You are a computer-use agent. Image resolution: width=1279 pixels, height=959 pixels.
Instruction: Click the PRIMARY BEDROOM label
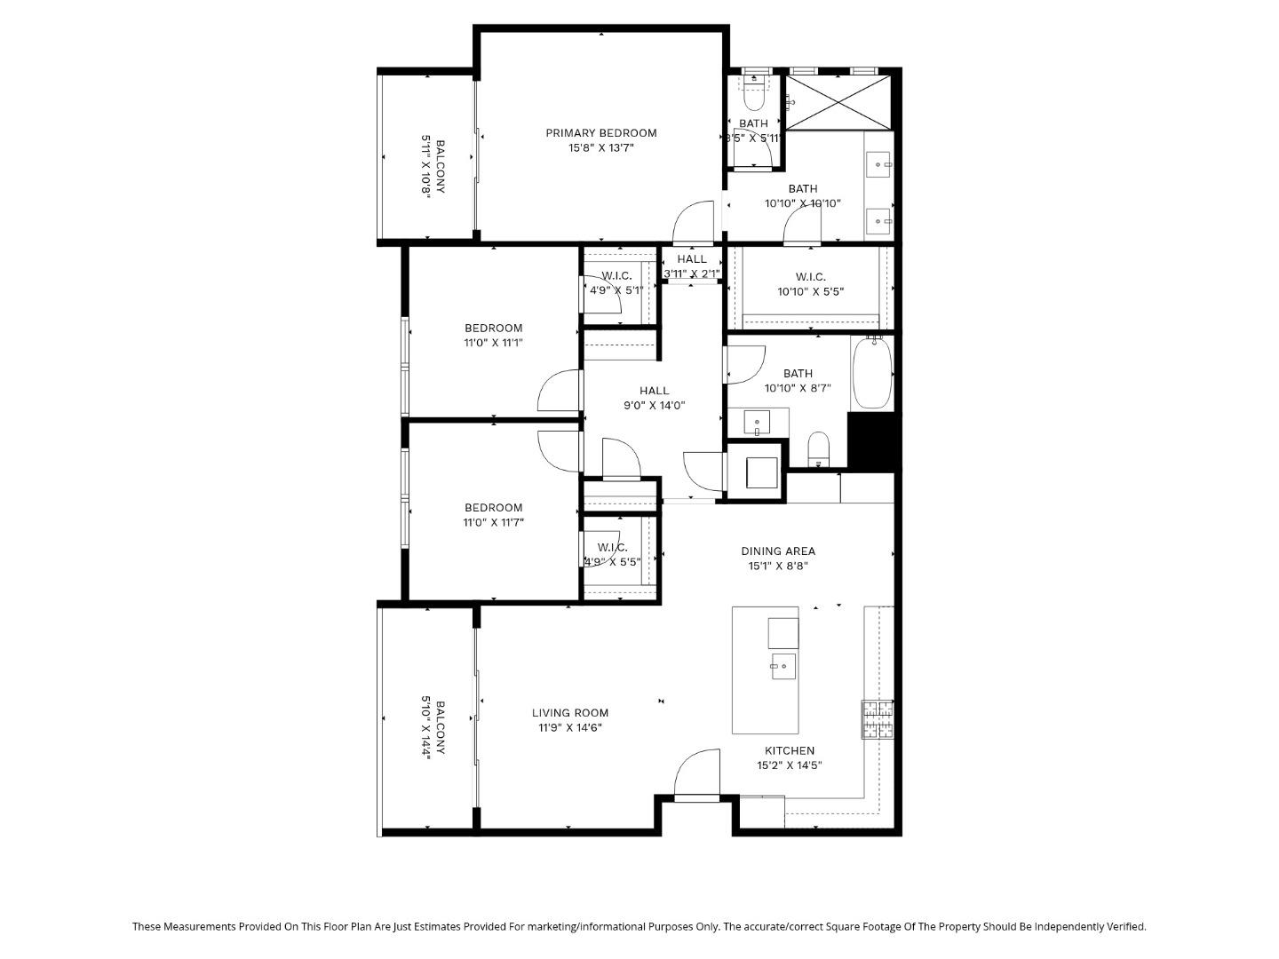pos(600,133)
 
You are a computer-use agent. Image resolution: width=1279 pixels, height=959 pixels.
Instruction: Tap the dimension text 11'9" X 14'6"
pos(570,728)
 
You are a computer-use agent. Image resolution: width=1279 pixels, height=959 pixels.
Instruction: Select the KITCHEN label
pos(790,750)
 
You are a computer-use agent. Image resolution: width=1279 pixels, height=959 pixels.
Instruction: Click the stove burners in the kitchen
pos(877,719)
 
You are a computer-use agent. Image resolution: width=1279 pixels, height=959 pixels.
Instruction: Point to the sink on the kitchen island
pos(783,665)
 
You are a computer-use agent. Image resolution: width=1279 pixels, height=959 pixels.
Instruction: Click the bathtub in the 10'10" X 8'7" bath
pos(871,373)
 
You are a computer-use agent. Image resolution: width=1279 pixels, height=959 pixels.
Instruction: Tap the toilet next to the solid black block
pos(818,448)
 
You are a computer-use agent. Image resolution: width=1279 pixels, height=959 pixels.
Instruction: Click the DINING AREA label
pos(778,551)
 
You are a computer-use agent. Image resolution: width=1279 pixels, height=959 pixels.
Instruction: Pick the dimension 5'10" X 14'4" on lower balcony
pos(426,728)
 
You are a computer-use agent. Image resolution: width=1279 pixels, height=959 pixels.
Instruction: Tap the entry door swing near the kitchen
pos(697,773)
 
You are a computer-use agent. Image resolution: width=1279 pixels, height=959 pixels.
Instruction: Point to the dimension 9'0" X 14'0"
pos(655,406)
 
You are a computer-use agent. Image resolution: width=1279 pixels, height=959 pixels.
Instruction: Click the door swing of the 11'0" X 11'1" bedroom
pos(560,391)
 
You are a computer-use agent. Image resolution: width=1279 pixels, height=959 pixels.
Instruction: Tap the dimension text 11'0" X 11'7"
pos(493,523)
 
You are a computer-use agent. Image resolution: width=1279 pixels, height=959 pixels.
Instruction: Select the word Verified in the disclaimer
pos(1125,926)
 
